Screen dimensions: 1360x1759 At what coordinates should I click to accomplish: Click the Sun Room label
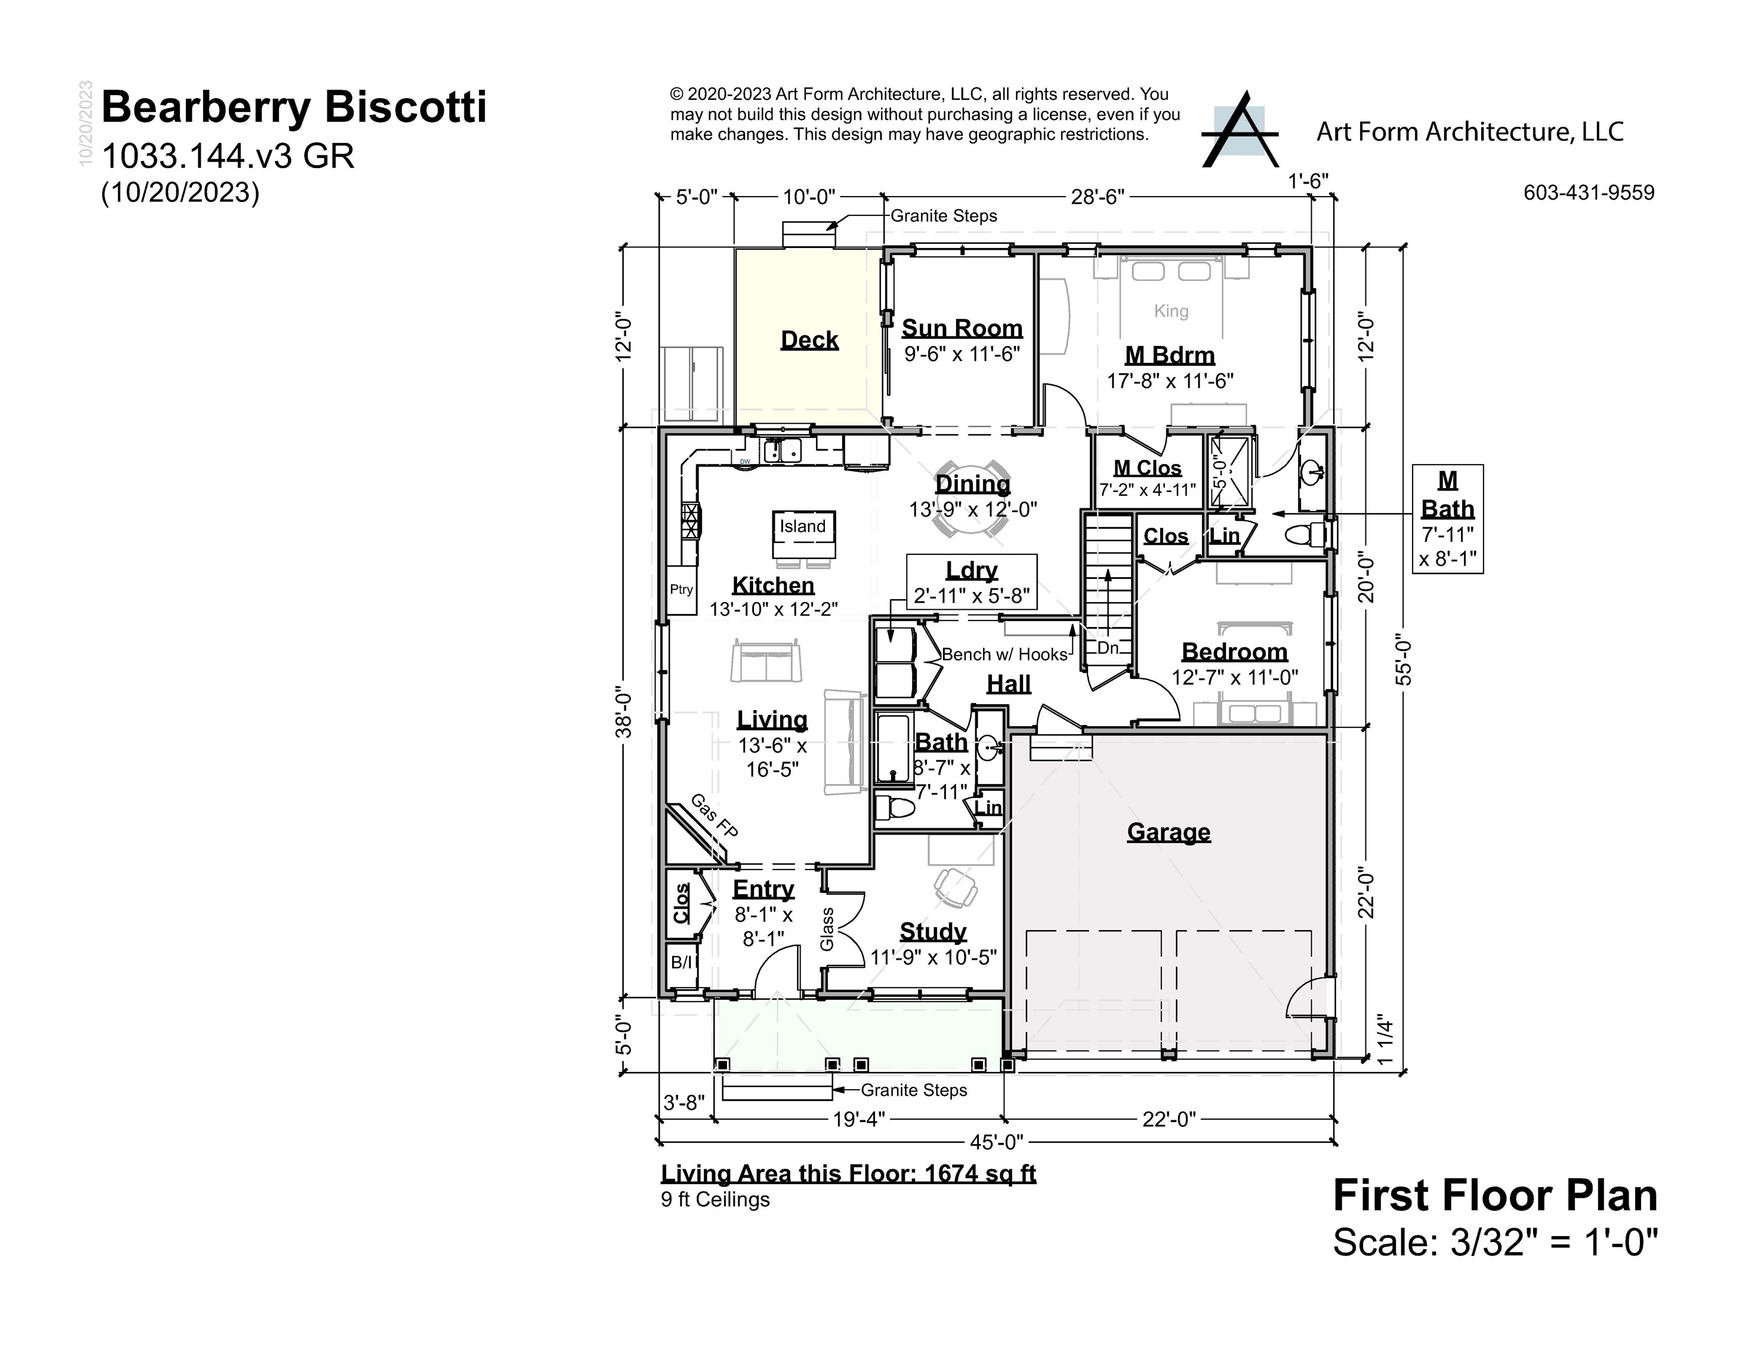point(962,328)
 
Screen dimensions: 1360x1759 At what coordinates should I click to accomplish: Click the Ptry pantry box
point(682,590)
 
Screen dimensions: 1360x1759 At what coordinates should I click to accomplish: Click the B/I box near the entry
point(682,962)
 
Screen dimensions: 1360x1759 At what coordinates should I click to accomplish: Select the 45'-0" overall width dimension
point(995,1142)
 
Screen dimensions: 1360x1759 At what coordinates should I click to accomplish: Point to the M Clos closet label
point(1147,468)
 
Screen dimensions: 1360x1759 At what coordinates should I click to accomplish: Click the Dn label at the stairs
point(1108,648)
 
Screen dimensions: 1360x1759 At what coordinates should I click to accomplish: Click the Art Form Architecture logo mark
point(1240,130)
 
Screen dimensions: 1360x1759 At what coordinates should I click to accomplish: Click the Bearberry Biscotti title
point(294,107)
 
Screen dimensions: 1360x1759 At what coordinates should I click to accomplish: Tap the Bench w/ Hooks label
point(1004,654)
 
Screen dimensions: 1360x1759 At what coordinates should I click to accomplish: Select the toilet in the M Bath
point(1302,534)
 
